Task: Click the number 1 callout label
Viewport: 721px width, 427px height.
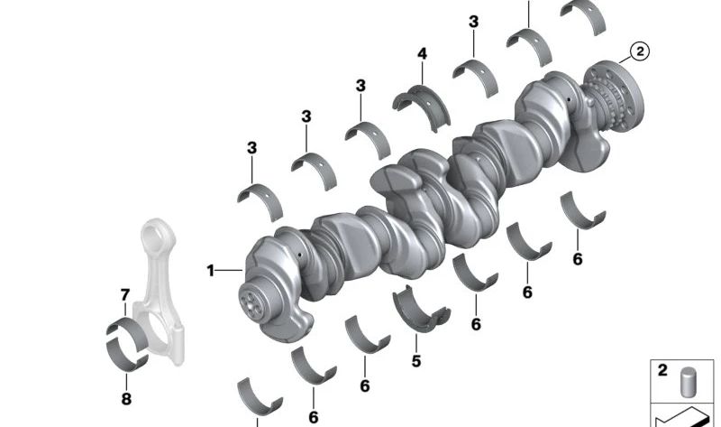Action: tap(211, 271)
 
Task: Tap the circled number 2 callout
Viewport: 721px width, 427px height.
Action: tap(640, 51)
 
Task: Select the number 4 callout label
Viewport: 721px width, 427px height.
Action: tap(422, 54)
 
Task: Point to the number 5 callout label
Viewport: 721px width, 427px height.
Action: tap(416, 361)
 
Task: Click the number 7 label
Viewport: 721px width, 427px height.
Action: tap(125, 295)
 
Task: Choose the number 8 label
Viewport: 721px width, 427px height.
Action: tap(126, 398)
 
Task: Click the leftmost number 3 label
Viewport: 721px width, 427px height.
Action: tap(251, 148)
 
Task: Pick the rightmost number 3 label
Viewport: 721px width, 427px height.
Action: tap(474, 22)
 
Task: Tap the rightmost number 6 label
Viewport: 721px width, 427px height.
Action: tap(578, 259)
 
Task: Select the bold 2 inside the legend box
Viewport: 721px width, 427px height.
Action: tap(662, 370)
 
